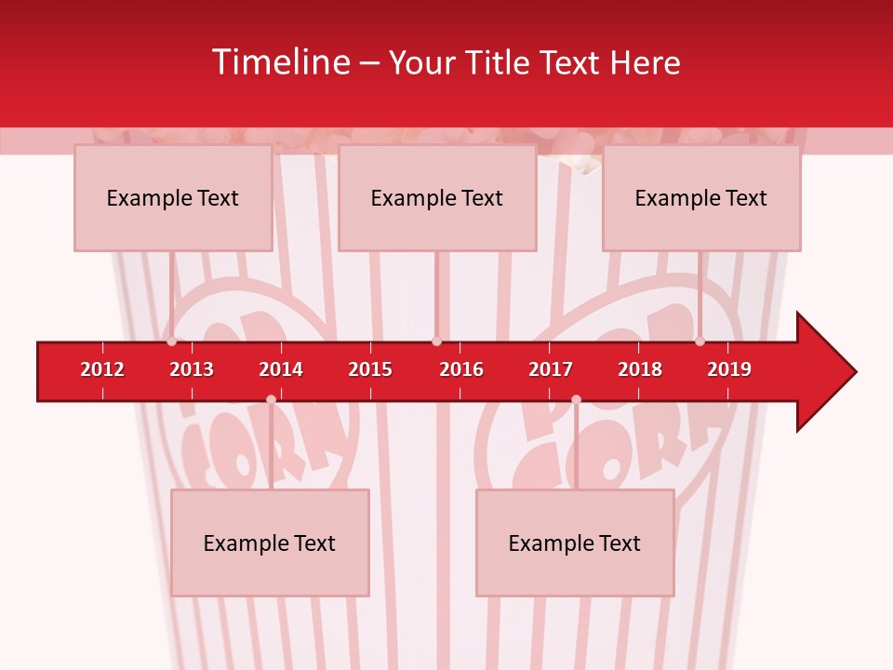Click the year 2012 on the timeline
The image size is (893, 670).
point(102,369)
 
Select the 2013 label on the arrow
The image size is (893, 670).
point(192,369)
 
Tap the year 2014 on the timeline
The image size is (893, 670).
point(281,369)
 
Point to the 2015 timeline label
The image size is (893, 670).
point(370,369)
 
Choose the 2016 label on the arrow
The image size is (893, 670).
point(461,369)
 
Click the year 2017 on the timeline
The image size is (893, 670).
point(551,369)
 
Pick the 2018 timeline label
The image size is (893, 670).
point(640,369)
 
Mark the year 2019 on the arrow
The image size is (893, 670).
point(729,369)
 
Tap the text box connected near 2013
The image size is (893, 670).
point(173,197)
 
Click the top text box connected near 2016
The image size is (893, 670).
point(437,197)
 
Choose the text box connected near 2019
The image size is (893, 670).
point(701,197)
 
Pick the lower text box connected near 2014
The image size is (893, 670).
point(270,543)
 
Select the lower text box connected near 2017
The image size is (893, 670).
point(575,543)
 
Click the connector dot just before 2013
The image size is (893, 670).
point(171,342)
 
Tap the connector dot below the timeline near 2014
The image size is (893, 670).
point(271,399)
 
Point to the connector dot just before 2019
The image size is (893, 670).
point(700,342)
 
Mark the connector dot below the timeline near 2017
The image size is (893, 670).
point(576,399)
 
